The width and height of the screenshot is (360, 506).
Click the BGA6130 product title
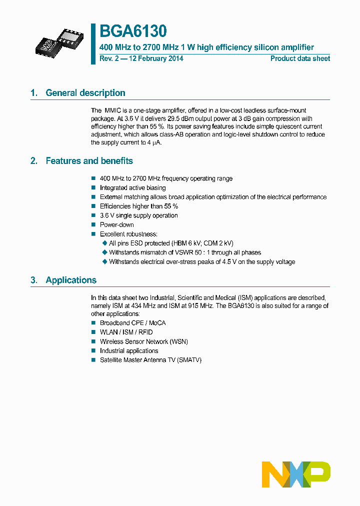133,31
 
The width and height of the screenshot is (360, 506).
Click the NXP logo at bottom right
296,474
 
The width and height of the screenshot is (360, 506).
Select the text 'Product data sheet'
300,58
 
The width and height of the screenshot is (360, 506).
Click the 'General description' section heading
85,93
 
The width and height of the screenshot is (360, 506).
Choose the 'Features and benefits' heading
89,161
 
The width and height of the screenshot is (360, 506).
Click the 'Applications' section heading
71,280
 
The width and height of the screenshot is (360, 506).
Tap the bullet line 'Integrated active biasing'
132,188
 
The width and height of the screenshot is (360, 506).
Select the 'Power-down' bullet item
116,225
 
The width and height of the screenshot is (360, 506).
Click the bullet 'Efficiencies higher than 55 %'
138,206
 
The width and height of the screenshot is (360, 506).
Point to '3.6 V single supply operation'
138,215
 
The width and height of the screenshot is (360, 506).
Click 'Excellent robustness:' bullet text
128,234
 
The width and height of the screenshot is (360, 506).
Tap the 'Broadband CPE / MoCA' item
132,323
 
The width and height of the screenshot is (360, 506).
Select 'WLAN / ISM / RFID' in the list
126,332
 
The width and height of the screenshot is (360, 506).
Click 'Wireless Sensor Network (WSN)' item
143,341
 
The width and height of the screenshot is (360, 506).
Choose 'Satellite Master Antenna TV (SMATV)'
150,360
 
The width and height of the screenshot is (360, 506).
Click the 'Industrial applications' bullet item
128,350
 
